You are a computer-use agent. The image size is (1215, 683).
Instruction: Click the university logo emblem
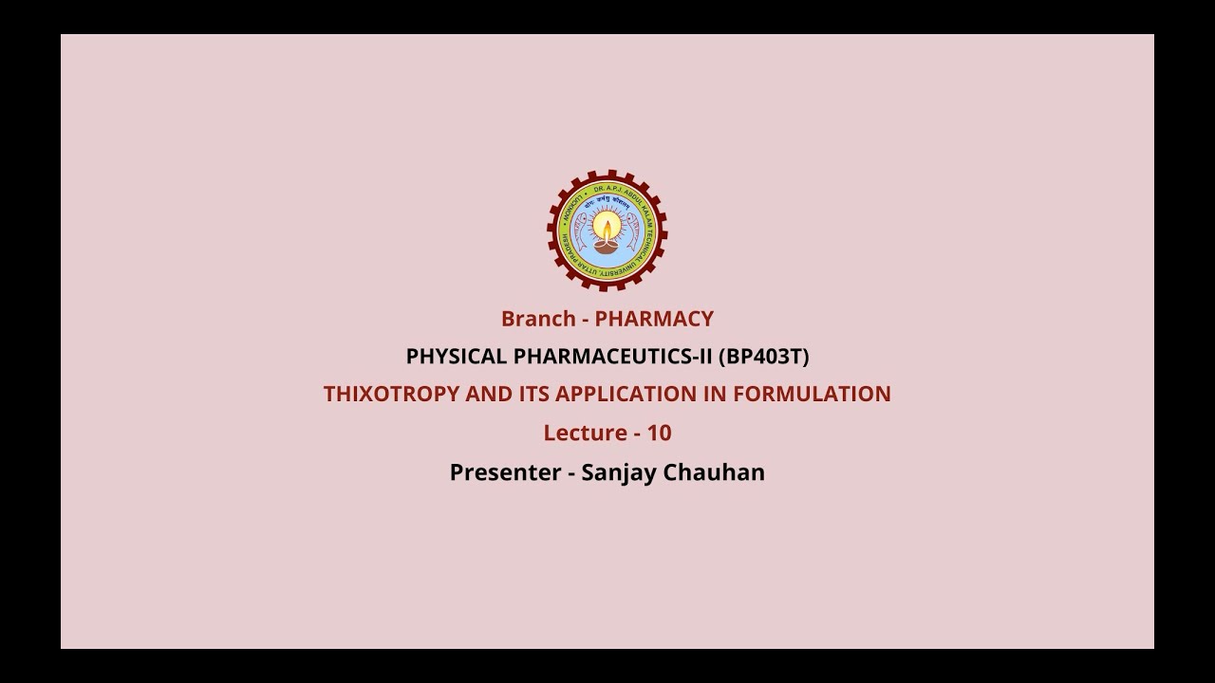click(x=607, y=231)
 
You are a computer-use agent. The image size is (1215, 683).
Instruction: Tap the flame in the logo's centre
click(x=607, y=229)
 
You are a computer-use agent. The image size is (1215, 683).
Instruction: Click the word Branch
click(x=538, y=319)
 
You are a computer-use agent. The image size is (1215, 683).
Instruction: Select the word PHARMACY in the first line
click(x=654, y=319)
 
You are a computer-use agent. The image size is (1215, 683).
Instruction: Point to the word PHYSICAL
click(x=456, y=357)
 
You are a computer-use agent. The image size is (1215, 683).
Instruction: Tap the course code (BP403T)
click(x=763, y=357)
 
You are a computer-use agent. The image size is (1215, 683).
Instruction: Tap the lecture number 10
click(x=659, y=433)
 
